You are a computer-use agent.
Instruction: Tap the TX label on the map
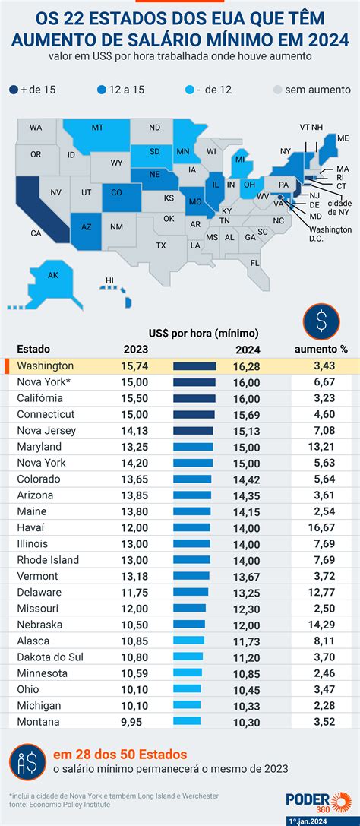pyautogui.click(x=161, y=245)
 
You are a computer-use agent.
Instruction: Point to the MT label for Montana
pyautogui.click(x=97, y=128)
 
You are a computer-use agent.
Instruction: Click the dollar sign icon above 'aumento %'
pyautogui.click(x=321, y=322)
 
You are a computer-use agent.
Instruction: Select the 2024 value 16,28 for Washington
pyautogui.click(x=247, y=366)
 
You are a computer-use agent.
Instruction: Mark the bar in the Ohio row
pyautogui.click(x=188, y=688)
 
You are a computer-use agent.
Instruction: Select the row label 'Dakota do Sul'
pyautogui.click(x=51, y=657)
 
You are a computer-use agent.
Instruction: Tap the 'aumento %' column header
pyautogui.click(x=321, y=350)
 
